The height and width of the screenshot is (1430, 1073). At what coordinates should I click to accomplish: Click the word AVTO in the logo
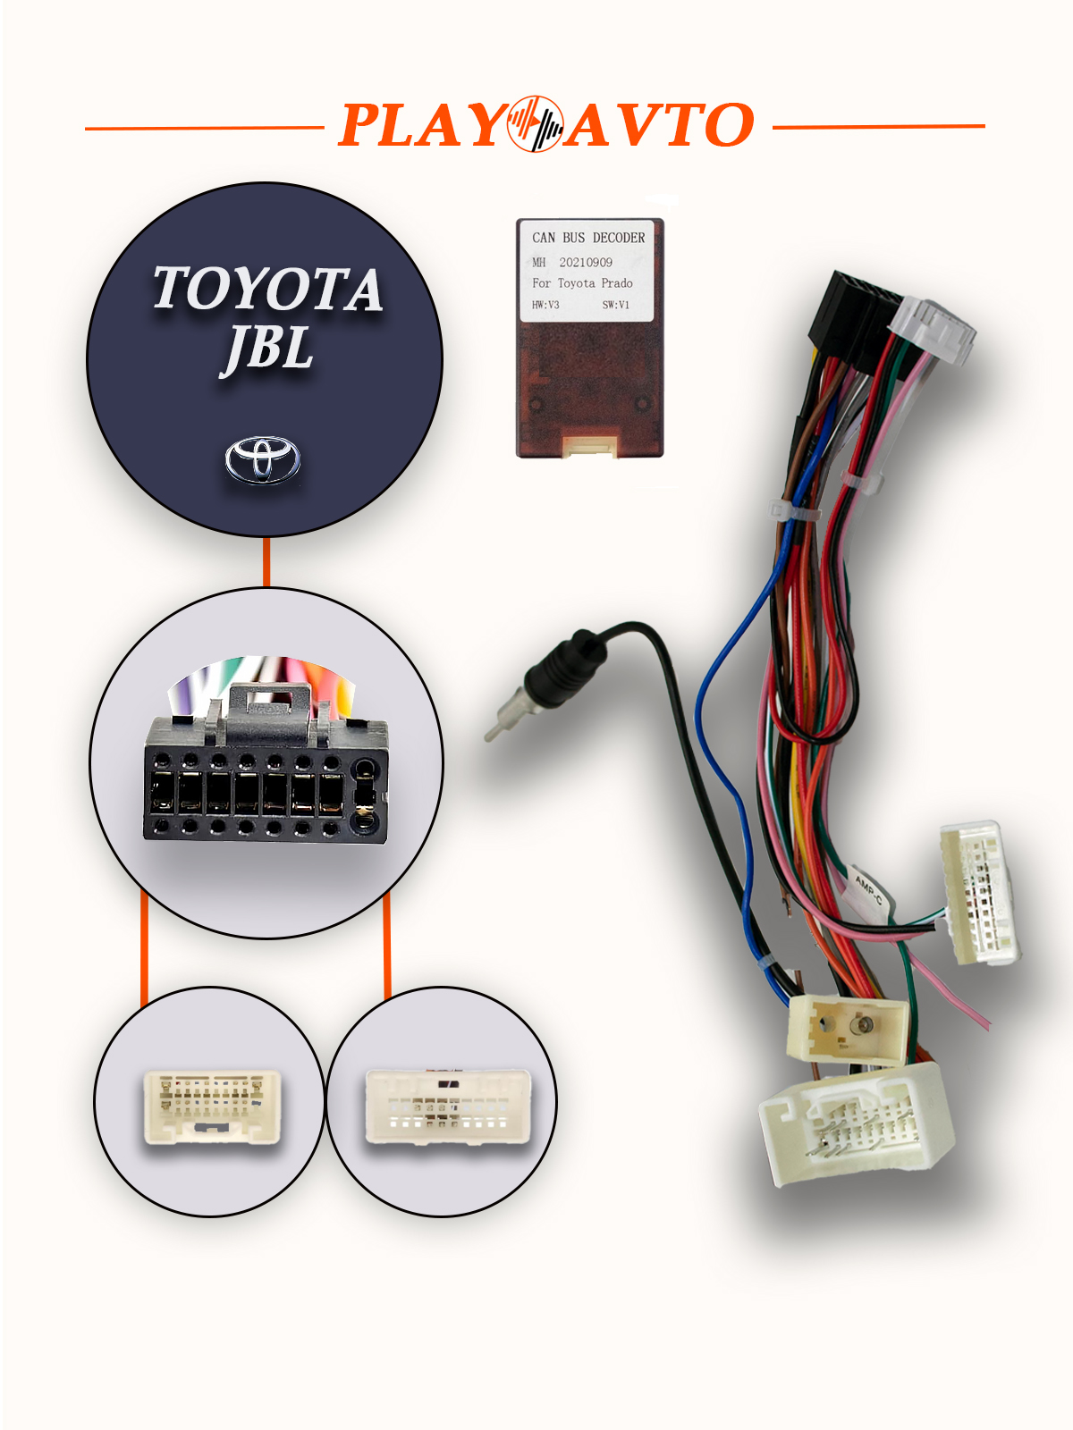pos(660,125)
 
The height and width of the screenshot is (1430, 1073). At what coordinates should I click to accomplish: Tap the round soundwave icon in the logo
pos(535,124)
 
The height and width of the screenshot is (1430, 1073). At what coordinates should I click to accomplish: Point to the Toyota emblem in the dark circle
pos(262,459)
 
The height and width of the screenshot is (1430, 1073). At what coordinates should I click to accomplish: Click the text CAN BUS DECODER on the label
pos(588,238)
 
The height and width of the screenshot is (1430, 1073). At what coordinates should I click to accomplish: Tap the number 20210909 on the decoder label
pos(586,263)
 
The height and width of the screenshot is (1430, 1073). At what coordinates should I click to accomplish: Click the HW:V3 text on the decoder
pos(545,305)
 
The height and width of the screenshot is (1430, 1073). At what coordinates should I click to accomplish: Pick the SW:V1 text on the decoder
pos(615,305)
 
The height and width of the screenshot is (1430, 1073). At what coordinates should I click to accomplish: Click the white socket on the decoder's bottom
pos(589,444)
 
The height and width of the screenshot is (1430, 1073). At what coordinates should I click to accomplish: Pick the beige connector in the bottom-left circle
pos(212,1106)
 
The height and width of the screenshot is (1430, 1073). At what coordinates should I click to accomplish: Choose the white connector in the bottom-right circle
pos(447,1106)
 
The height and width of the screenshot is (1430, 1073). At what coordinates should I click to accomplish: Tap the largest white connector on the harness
pos(856,1122)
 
